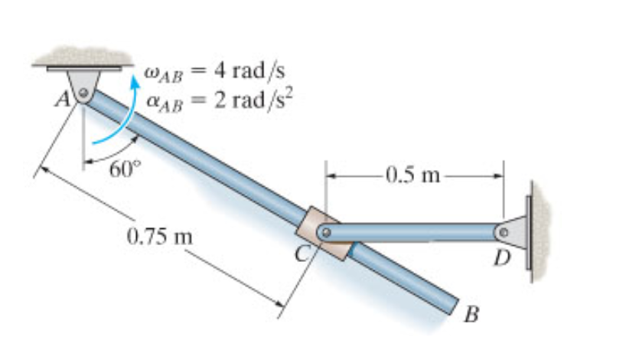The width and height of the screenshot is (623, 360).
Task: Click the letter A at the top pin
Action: coord(67,99)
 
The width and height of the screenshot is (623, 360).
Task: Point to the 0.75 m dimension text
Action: coord(159,233)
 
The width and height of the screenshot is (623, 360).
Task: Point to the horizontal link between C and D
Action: coord(413,230)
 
